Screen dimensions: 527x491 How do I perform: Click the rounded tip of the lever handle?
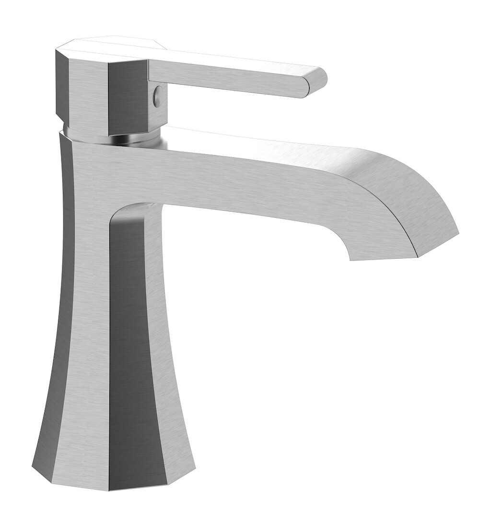317,82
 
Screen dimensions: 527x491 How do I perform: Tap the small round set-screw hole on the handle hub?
156,97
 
